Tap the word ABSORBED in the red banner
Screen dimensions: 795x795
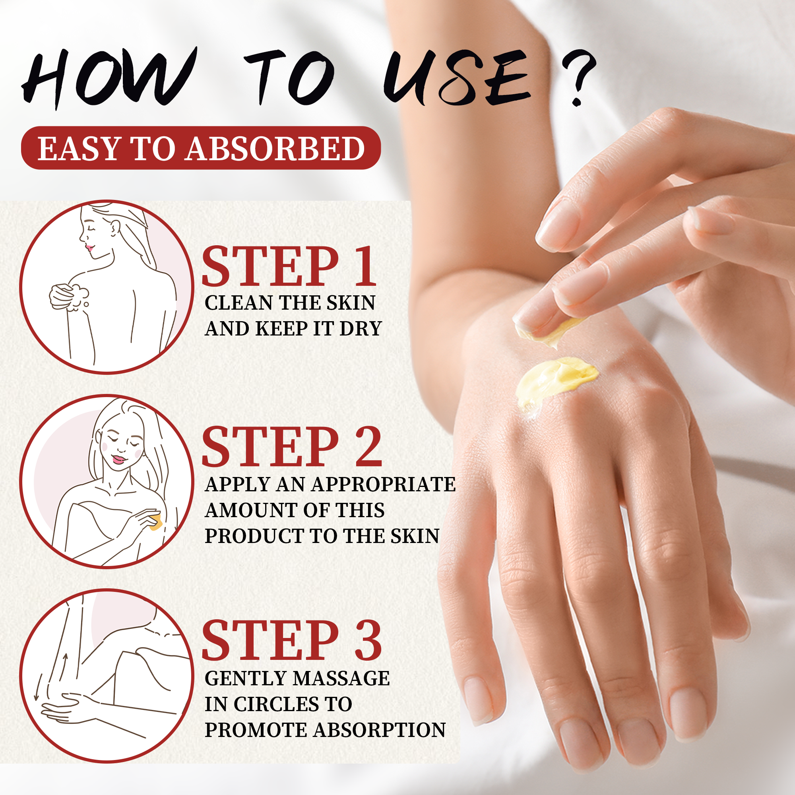click(275, 149)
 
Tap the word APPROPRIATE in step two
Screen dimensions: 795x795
click(384, 484)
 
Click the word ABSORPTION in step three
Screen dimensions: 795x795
click(379, 730)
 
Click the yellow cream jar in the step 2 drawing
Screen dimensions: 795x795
click(155, 522)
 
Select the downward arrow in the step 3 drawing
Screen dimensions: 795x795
click(38, 686)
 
